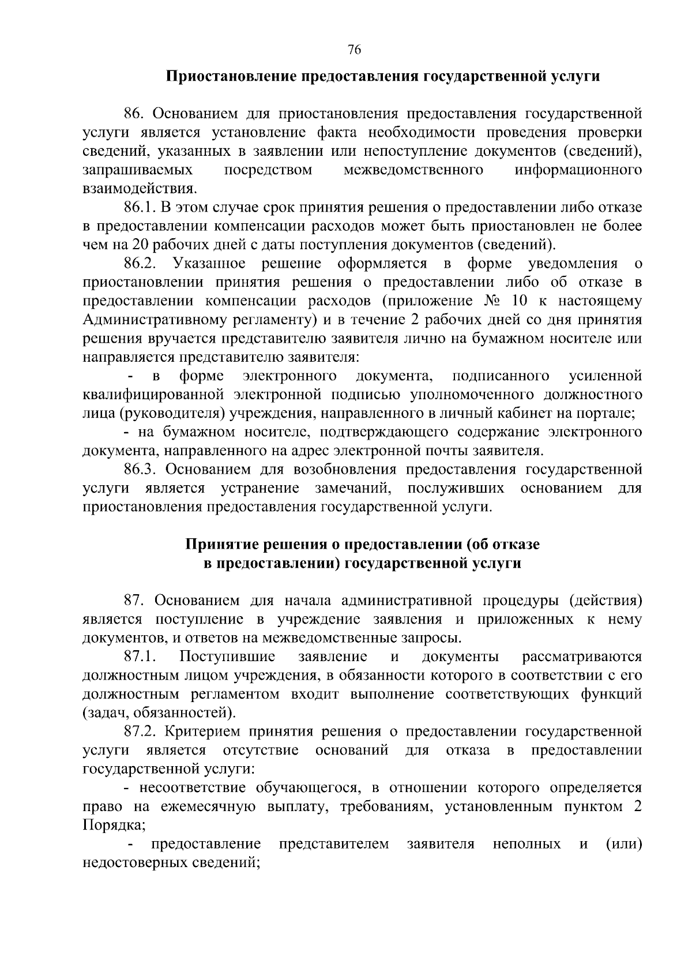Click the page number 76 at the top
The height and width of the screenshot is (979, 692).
pyautogui.click(x=355, y=50)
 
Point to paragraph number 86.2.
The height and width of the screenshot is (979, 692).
pyautogui.click(x=140, y=264)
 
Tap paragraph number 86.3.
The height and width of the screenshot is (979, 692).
pyautogui.click(x=139, y=470)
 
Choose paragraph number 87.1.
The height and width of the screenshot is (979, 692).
pyautogui.click(x=140, y=657)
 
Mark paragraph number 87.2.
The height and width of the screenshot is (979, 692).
pyautogui.click(x=140, y=732)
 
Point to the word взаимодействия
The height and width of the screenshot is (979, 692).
pyautogui.click(x=138, y=188)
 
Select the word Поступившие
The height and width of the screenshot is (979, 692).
pyautogui.click(x=227, y=657)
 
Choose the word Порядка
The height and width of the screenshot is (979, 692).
pyautogui.click(x=112, y=825)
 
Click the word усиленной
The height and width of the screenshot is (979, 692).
pyautogui.click(x=605, y=376)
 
